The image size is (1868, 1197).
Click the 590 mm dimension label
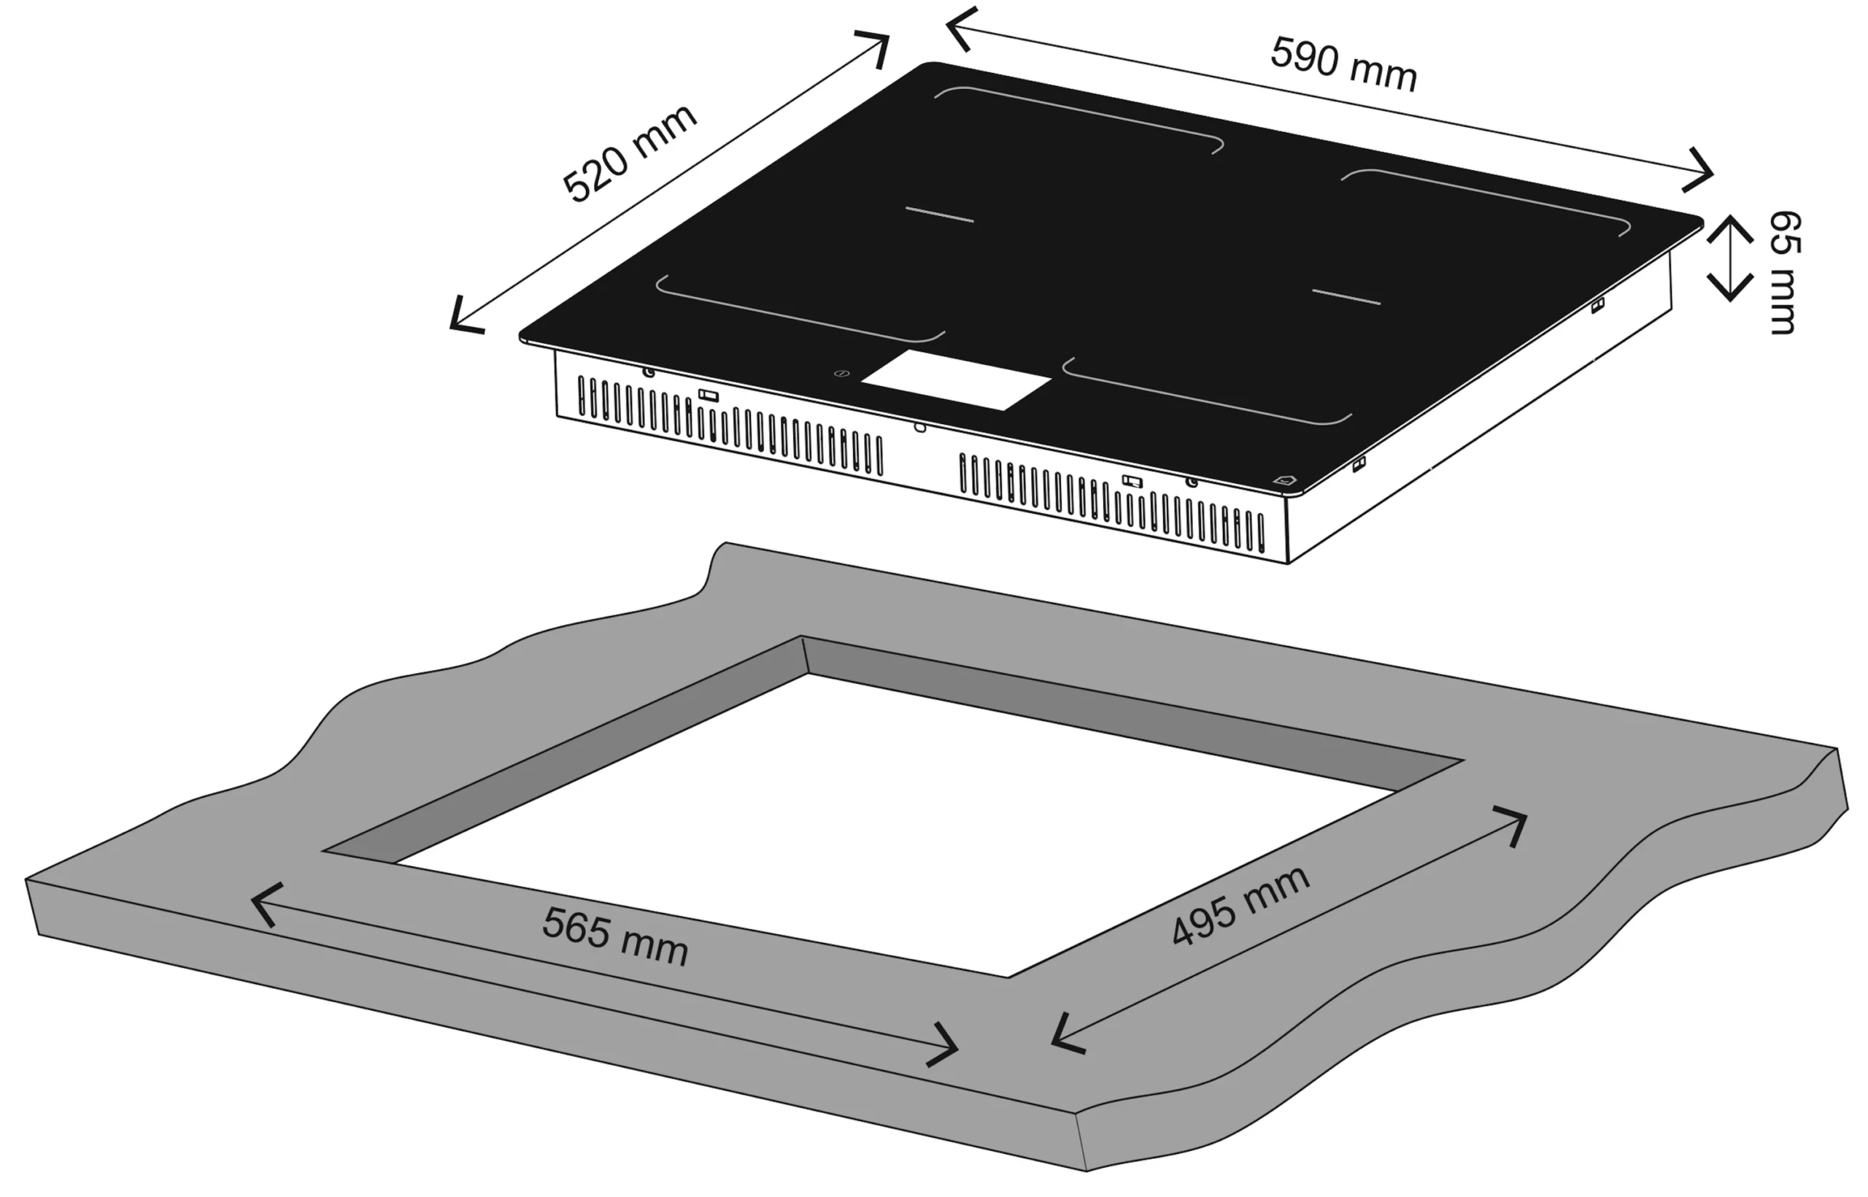[1343, 65]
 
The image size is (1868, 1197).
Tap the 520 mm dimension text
[630, 153]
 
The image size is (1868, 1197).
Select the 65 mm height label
[1784, 272]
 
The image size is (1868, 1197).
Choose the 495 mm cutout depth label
[1240, 907]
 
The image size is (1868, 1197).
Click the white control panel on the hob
[956, 380]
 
